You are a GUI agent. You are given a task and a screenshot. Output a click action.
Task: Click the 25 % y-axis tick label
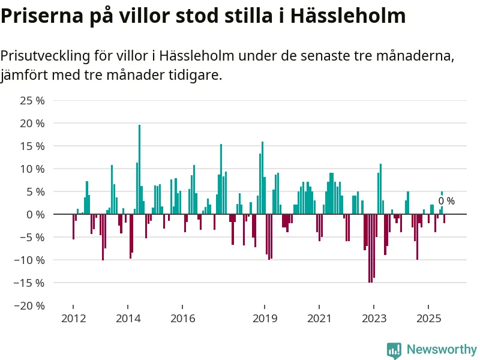pyautogui.click(x=32, y=100)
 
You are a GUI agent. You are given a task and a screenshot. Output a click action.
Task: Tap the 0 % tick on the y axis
pyautogui.click(x=35, y=214)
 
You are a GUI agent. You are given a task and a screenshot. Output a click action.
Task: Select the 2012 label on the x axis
pyautogui.click(x=73, y=318)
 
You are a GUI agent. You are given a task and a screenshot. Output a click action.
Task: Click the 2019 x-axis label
pyautogui.click(x=265, y=318)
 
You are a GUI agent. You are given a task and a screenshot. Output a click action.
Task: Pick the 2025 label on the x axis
pyautogui.click(x=429, y=318)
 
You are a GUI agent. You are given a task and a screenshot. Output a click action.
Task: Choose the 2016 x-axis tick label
pyautogui.click(x=182, y=318)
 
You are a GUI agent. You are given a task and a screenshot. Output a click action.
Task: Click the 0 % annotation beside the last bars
pyautogui.click(x=446, y=202)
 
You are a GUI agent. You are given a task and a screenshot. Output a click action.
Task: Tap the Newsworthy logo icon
pyautogui.click(x=394, y=350)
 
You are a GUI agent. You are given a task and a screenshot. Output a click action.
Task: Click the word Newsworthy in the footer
pyautogui.click(x=442, y=350)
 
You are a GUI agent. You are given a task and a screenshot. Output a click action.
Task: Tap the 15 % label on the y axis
pyautogui.click(x=32, y=146)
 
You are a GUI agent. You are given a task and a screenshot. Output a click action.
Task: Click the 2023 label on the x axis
pyautogui.click(x=374, y=318)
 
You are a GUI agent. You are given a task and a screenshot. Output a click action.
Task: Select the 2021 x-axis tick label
pyautogui.click(x=319, y=318)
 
